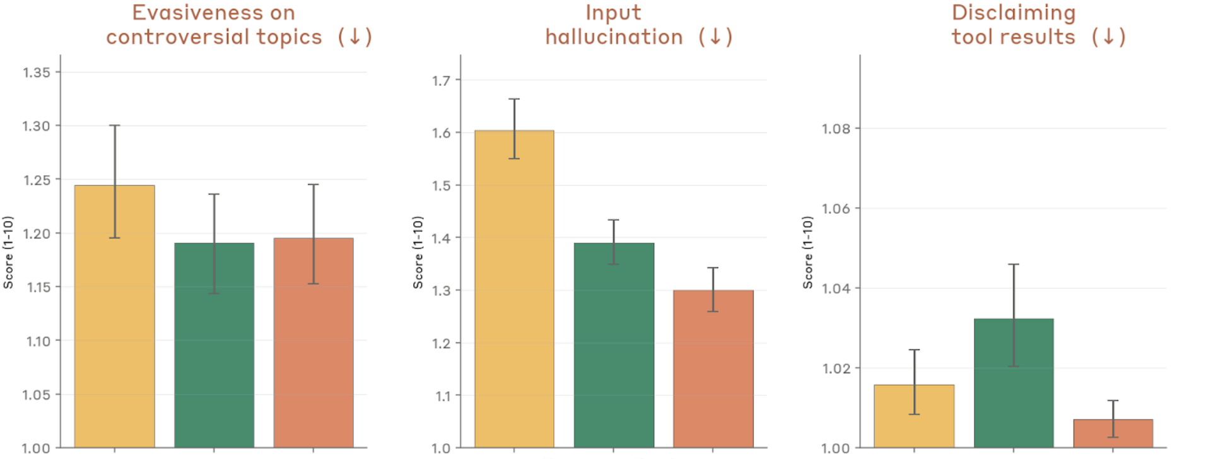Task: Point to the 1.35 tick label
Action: pyautogui.click(x=37, y=73)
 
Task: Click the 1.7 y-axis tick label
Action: pyautogui.click(x=442, y=81)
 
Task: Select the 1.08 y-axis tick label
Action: pyautogui.click(x=836, y=129)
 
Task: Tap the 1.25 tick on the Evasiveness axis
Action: pyautogui.click(x=37, y=180)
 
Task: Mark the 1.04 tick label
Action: pyautogui.click(x=836, y=288)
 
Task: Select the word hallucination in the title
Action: pyautogui.click(x=614, y=37)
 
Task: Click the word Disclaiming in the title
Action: pyautogui.click(x=1014, y=13)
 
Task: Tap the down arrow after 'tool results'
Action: pyautogui.click(x=1108, y=37)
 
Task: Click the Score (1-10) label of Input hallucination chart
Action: pyautogui.click(x=418, y=252)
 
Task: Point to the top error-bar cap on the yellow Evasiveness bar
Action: pyautogui.click(x=115, y=125)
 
